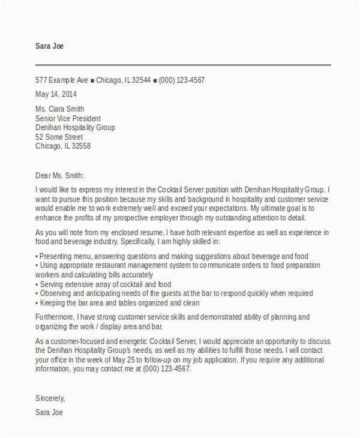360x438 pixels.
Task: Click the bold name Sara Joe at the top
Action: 50,46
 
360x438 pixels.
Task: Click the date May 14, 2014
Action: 56,94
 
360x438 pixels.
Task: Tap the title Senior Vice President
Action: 68,118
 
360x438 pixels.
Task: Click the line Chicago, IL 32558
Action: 64,146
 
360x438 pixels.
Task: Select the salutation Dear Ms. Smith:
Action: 60,176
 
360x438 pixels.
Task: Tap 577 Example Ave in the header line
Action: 62,79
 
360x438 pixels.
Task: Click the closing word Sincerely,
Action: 50,397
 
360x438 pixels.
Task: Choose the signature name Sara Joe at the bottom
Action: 49,413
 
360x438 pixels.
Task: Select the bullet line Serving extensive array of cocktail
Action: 105,284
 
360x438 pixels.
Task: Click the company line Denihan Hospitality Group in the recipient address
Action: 76,127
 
